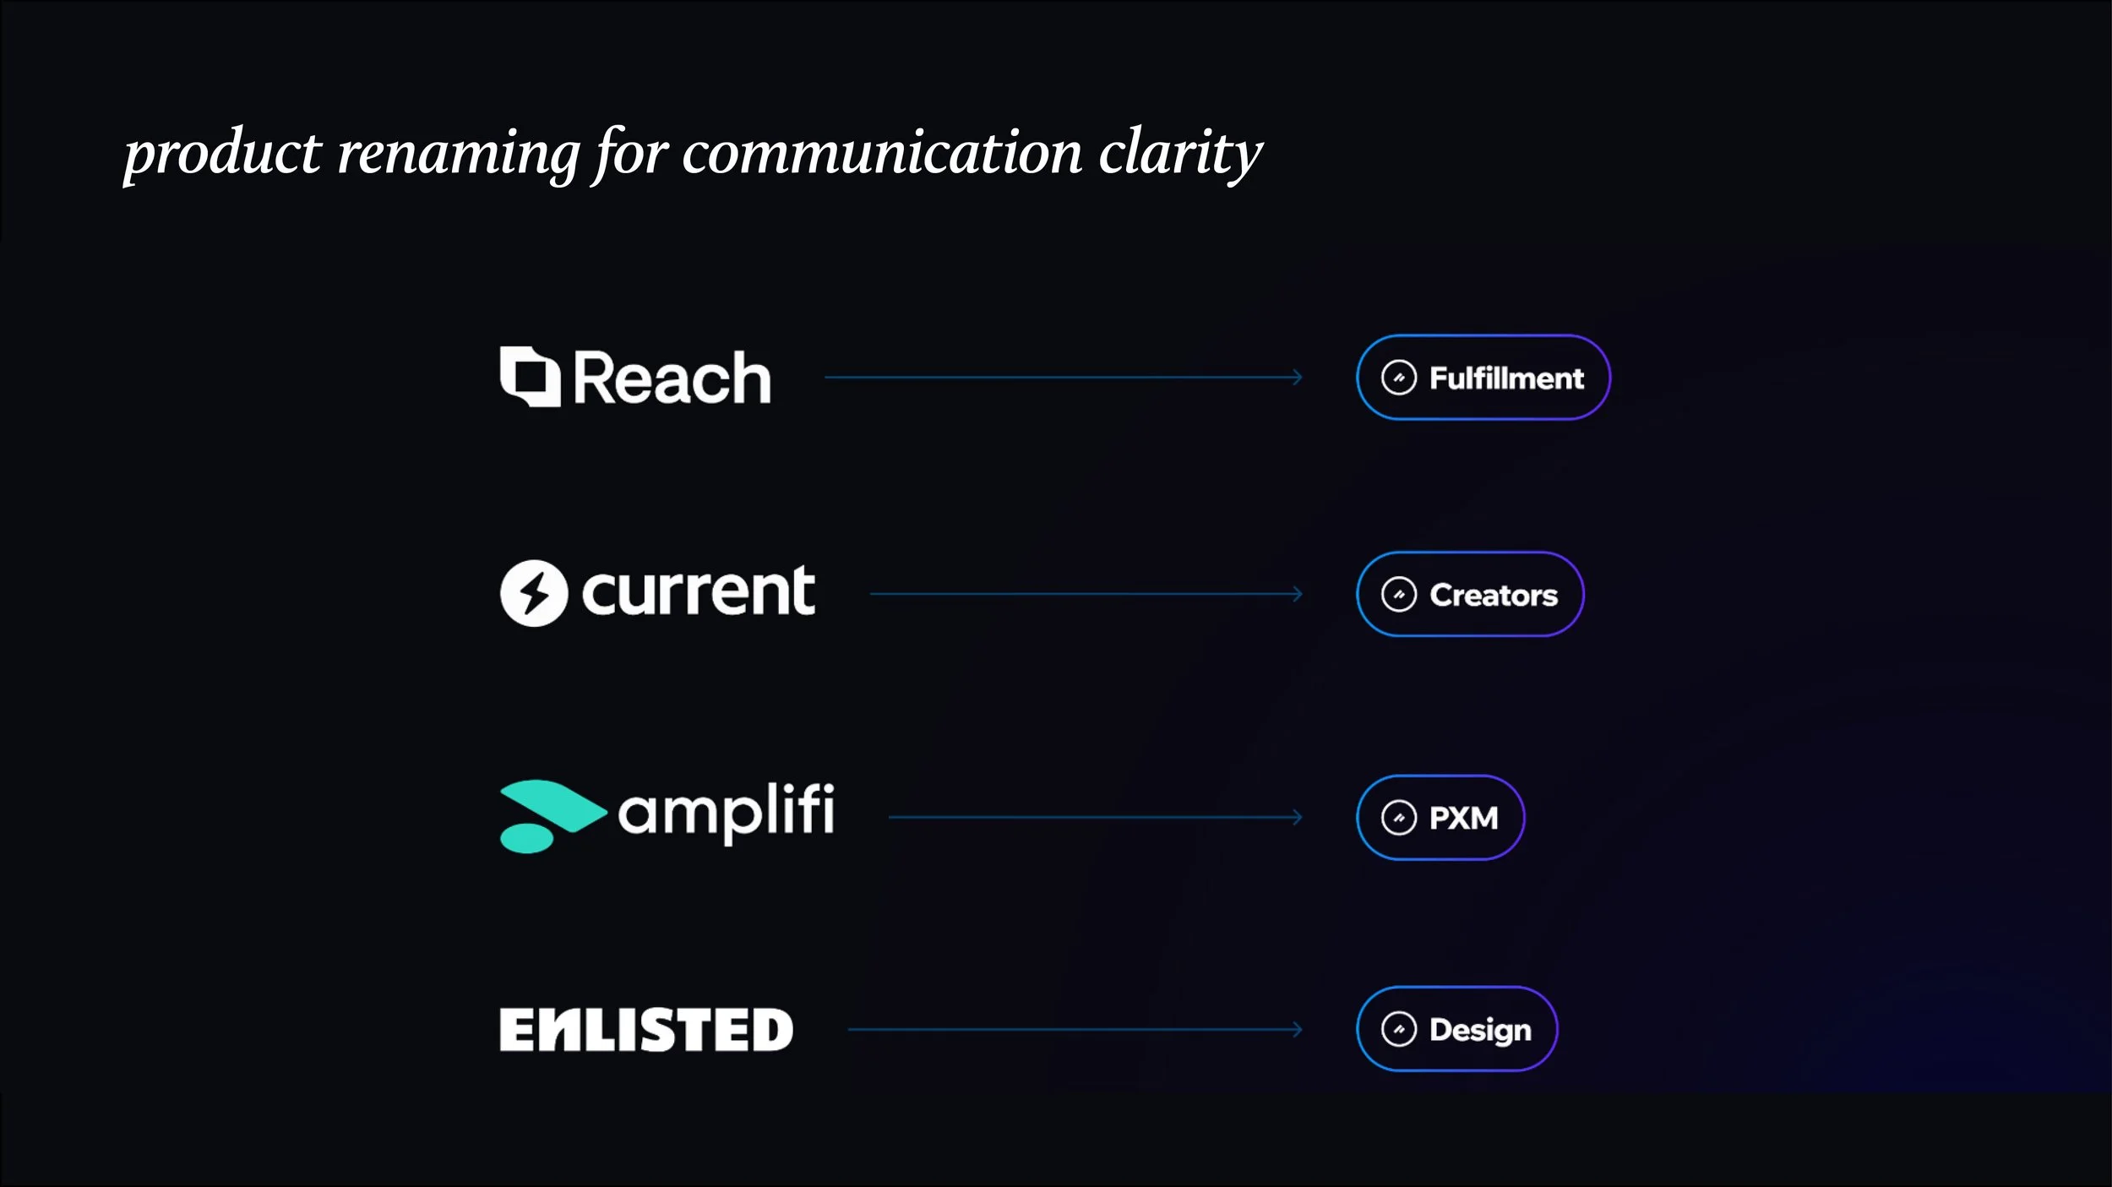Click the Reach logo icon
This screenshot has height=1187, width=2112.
point(530,377)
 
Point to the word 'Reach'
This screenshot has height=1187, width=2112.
point(672,378)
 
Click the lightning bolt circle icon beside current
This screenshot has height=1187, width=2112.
point(533,593)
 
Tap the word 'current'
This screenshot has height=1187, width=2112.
point(699,591)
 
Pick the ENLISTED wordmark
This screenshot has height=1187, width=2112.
point(646,1030)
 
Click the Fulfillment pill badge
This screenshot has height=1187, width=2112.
point(1483,378)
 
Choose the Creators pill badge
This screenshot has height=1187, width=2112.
point(1470,594)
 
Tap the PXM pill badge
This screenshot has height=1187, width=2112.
point(1440,817)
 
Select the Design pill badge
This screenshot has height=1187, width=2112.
point(1456,1029)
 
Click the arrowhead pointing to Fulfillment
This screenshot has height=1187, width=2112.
point(1298,377)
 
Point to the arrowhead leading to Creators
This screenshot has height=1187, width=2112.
point(1298,594)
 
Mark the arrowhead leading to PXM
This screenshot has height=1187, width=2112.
point(1298,817)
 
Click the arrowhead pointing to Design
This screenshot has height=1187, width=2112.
point(1298,1029)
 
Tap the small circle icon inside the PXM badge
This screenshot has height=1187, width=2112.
point(1398,817)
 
